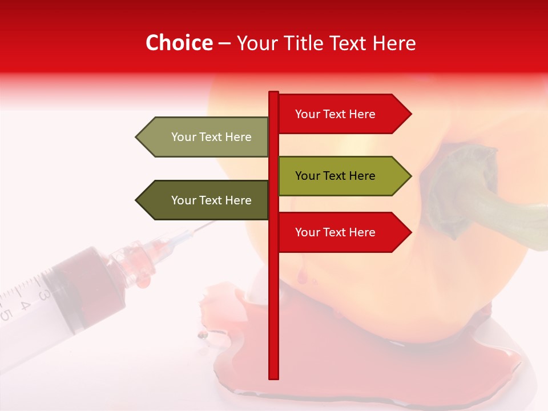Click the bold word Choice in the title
[179, 43]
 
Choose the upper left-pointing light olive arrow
[203, 137]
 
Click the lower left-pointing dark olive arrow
[203, 200]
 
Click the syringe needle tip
[213, 223]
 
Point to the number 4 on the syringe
[24, 305]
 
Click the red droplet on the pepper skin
[301, 277]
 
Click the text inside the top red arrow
[335, 114]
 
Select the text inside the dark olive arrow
[211, 200]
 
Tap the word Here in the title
[394, 43]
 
